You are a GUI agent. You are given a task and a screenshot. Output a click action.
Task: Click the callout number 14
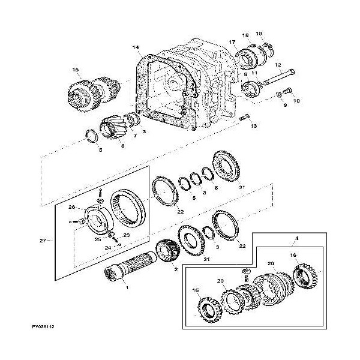(x=136, y=47)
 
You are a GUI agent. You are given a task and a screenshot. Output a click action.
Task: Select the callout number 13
(x=254, y=127)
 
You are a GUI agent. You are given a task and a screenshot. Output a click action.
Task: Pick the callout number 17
(x=232, y=41)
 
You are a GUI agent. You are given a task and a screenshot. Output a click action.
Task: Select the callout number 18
(x=245, y=36)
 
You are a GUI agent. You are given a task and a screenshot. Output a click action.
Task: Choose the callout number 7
(x=135, y=136)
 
